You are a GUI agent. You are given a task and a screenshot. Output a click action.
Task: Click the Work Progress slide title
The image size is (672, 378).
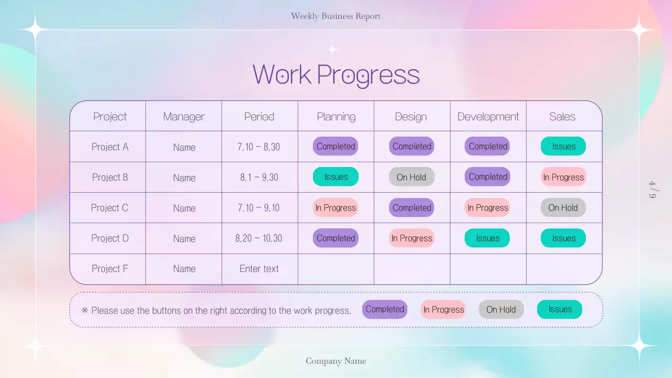tap(336, 74)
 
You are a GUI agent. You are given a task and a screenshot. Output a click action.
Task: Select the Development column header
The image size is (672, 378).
tap(488, 117)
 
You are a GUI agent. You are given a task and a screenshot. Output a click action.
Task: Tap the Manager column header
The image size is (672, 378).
tap(184, 117)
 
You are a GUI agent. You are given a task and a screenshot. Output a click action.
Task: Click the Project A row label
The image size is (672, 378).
tap(110, 147)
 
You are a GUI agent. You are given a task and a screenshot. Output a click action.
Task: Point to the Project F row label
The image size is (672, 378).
tap(110, 269)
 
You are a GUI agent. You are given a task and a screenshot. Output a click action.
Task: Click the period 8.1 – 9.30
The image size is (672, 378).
tap(259, 177)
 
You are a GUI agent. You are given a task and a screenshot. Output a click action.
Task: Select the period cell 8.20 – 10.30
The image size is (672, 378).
tap(259, 238)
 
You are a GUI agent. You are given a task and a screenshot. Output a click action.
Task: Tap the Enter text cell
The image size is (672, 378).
tap(259, 269)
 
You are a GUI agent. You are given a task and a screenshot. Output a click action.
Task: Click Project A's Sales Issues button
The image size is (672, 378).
tap(563, 146)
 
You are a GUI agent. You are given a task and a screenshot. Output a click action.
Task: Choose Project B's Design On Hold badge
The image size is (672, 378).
tap(412, 177)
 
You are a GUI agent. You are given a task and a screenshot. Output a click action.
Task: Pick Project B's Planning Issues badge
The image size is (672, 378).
tap(335, 177)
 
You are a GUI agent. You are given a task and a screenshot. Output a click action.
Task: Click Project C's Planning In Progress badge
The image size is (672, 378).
tap(335, 208)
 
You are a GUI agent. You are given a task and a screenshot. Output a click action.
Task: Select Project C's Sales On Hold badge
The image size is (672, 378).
tap(563, 208)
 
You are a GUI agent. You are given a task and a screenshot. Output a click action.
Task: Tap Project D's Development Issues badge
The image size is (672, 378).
tap(487, 238)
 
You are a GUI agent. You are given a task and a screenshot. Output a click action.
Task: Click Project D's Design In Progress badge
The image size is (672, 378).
tap(412, 238)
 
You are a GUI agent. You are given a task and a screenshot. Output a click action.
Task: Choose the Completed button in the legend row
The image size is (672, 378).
tap(385, 309)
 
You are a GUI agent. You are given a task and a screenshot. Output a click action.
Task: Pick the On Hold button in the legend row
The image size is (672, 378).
tap(501, 310)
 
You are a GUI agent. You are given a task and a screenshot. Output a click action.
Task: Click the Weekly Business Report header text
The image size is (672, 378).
tap(336, 16)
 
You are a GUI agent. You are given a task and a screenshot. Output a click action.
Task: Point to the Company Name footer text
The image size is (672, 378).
tap(336, 361)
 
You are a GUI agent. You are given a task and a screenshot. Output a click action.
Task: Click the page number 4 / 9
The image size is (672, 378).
tap(653, 190)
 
